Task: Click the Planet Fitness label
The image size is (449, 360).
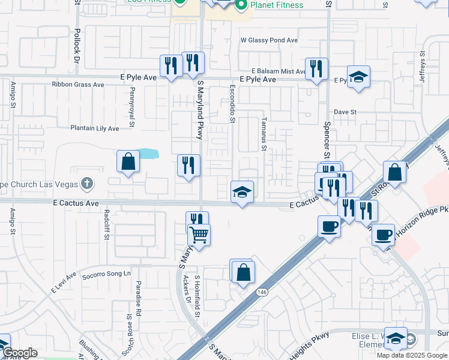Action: coord(277,5)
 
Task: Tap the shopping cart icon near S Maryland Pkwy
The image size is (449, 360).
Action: coord(199,235)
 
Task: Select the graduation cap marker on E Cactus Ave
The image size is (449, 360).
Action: coord(242,193)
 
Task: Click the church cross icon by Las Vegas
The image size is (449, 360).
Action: coord(87,182)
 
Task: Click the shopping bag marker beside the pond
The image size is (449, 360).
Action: coord(128,161)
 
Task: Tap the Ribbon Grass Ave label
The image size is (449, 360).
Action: coord(78,85)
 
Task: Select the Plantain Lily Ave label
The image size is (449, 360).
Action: coord(95,128)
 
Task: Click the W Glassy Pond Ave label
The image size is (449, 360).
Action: coord(269,40)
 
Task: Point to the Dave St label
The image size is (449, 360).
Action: coord(345,112)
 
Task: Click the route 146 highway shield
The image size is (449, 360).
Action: coord(261,292)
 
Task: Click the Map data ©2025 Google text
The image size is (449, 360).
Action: coord(412,355)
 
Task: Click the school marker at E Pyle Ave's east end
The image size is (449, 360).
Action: coord(358,77)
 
